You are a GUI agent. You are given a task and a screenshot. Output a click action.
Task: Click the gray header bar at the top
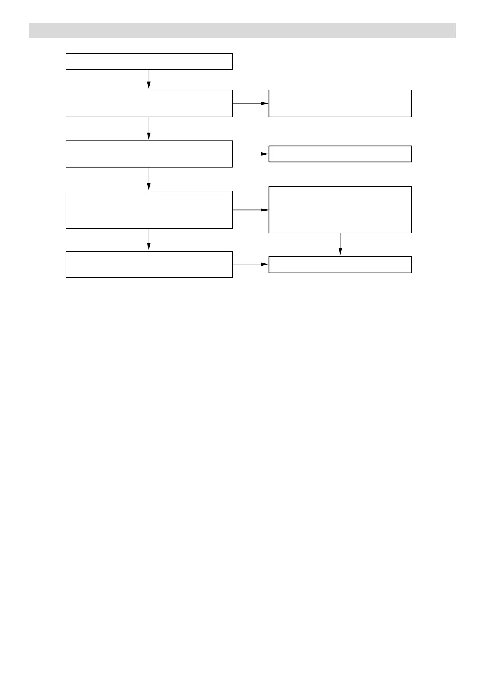click(x=242, y=30)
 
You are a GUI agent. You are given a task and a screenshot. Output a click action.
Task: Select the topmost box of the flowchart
click(x=149, y=61)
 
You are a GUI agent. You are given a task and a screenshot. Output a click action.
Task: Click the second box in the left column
click(x=149, y=103)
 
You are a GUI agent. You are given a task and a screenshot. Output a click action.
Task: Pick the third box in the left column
click(x=149, y=154)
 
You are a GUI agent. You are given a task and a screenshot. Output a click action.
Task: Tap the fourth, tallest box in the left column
click(x=149, y=209)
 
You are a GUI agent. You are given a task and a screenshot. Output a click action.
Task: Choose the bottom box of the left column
click(x=149, y=264)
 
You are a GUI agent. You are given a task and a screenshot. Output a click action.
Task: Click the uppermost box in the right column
click(x=340, y=103)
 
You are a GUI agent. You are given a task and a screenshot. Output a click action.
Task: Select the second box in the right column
click(x=340, y=154)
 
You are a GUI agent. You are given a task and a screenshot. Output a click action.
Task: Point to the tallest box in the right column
click(x=340, y=209)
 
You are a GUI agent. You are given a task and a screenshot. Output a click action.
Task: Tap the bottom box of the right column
click(x=340, y=264)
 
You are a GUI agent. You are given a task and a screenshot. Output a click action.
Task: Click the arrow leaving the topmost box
click(x=149, y=79)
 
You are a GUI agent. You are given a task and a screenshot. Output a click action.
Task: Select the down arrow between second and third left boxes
click(x=149, y=129)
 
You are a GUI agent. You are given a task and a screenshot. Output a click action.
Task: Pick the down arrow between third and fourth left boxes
click(x=149, y=179)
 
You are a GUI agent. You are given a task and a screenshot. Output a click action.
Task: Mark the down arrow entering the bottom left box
click(x=149, y=240)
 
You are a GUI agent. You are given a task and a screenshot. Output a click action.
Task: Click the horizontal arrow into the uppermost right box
click(x=250, y=103)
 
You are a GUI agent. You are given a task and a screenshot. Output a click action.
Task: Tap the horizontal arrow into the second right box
click(x=250, y=154)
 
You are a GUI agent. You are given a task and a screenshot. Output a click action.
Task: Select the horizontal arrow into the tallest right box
click(x=250, y=210)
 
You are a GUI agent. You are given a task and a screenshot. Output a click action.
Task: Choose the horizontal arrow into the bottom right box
click(x=250, y=264)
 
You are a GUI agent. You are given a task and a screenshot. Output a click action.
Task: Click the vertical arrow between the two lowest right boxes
click(x=340, y=244)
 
